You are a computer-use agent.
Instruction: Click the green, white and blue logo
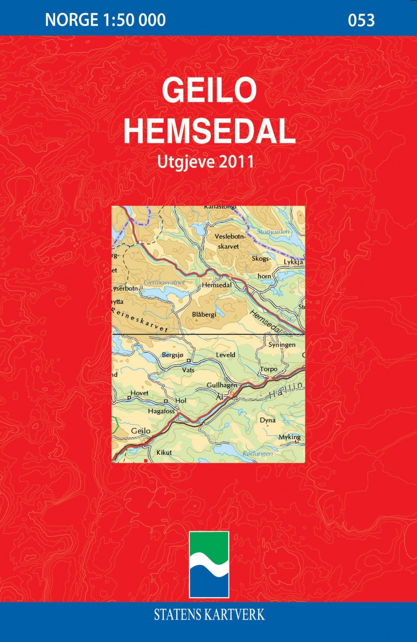click(209, 564)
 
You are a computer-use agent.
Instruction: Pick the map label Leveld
click(225, 354)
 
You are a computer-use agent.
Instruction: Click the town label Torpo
click(268, 369)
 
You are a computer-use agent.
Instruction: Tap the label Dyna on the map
click(267, 420)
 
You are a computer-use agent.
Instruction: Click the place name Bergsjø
click(172, 354)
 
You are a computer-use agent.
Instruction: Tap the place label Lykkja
click(294, 263)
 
